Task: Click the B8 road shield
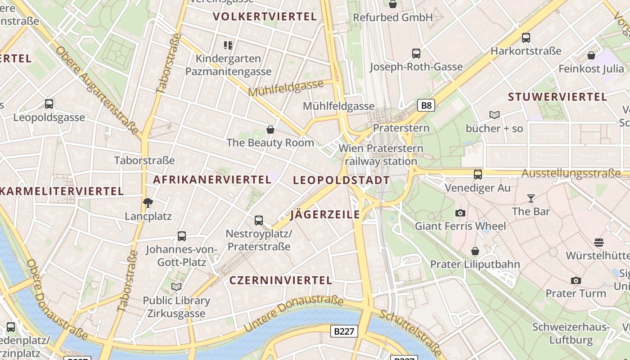(426, 106)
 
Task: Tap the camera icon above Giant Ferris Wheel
(460, 213)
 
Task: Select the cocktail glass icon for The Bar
(531, 198)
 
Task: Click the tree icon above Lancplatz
(148, 203)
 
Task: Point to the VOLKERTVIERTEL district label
(265, 17)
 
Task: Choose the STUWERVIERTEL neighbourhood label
(558, 97)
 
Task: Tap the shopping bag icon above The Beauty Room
(270, 130)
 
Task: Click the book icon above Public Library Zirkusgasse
(176, 287)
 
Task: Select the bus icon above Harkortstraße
(526, 38)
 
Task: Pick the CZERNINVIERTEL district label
(281, 280)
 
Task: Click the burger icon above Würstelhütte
(598, 243)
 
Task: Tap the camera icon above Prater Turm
(576, 281)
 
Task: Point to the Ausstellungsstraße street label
(571, 174)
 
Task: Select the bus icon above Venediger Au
(478, 175)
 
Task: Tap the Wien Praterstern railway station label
(381, 154)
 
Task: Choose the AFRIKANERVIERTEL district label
(212, 180)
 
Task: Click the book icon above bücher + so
(495, 115)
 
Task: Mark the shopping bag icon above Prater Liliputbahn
(475, 251)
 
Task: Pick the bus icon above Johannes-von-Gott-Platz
(182, 236)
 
